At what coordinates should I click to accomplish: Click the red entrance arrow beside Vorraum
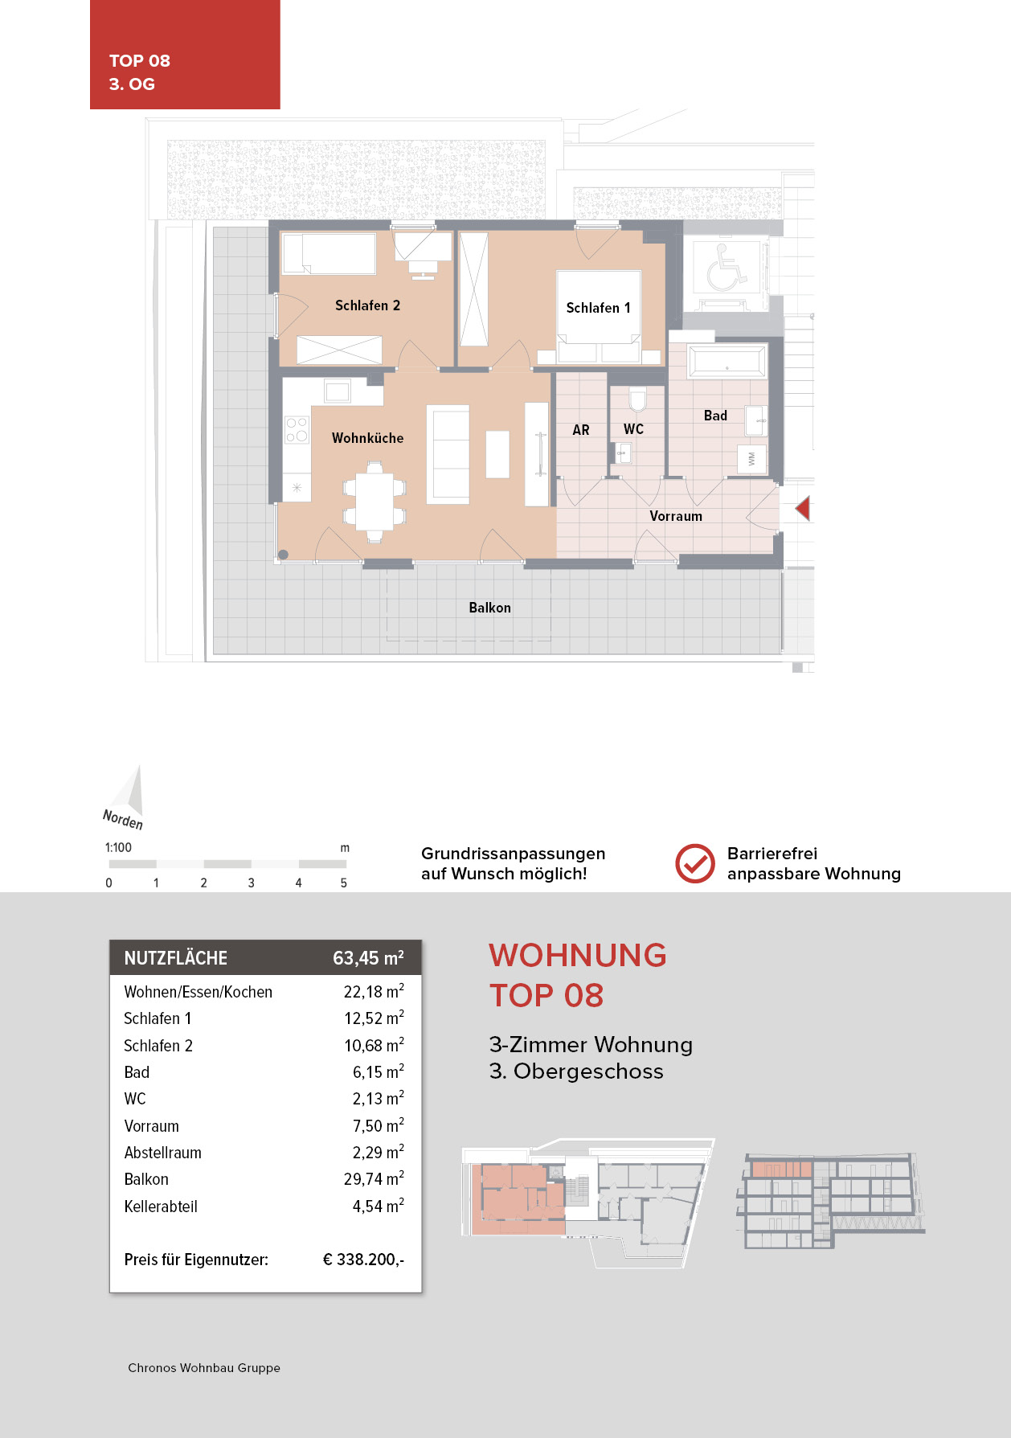(x=803, y=509)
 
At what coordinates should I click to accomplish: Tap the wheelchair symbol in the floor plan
(x=726, y=268)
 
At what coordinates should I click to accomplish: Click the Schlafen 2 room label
(x=367, y=305)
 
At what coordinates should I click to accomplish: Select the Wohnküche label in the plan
(x=367, y=438)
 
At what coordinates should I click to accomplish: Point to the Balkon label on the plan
(x=489, y=608)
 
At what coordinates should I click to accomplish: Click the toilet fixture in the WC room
(x=637, y=399)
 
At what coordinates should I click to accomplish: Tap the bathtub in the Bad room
(x=727, y=362)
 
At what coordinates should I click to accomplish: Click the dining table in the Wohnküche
(x=375, y=501)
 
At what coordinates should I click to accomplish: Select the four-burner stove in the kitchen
(x=297, y=429)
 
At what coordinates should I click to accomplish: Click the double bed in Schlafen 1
(x=599, y=318)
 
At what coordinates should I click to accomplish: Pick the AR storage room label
(x=580, y=430)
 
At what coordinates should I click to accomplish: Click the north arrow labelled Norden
(x=131, y=793)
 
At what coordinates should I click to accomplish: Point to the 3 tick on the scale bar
(x=251, y=883)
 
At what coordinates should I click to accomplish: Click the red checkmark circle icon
(x=694, y=864)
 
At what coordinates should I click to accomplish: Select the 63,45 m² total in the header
(x=368, y=958)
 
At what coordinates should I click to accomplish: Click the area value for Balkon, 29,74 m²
(x=374, y=1179)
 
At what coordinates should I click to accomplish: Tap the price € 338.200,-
(x=363, y=1260)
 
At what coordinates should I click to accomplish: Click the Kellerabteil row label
(x=161, y=1207)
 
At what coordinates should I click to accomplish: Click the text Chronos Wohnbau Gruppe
(x=204, y=1368)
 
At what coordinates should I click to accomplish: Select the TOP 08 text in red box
(x=140, y=61)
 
